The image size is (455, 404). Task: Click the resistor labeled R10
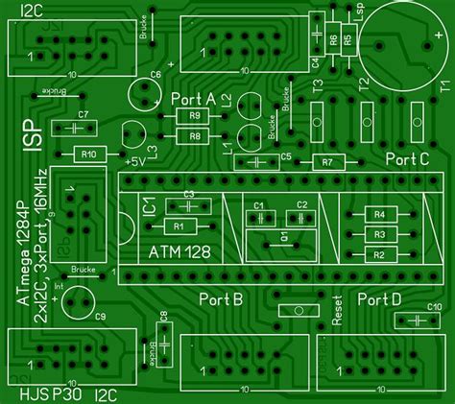[88, 154]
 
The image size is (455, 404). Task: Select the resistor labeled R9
[195, 117]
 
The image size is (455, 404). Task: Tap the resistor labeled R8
[195, 136]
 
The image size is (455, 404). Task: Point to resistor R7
[327, 161]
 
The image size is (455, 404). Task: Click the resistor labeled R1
[180, 226]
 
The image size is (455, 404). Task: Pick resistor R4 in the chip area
[379, 214]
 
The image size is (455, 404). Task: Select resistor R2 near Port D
[379, 254]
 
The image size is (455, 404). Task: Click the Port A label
[193, 99]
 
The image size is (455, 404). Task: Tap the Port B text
[221, 300]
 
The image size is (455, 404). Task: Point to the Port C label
[406, 159]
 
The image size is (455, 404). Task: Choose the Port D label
[379, 300]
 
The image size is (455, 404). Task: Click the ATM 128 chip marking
[180, 251]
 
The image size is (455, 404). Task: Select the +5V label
[134, 160]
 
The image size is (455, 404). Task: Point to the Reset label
[337, 309]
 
